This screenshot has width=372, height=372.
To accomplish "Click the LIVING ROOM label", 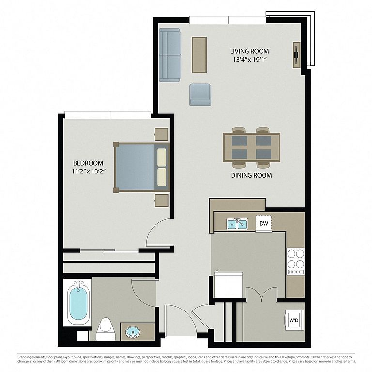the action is [x=249, y=51].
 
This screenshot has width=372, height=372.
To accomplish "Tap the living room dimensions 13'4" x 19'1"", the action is [x=250, y=59].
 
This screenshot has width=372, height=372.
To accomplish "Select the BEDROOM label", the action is [x=88, y=163].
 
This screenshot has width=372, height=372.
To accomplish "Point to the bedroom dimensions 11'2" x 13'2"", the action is [x=89, y=171].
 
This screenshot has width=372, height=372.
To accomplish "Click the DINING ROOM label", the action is [x=251, y=175].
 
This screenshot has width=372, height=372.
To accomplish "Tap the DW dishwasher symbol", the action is [x=263, y=223].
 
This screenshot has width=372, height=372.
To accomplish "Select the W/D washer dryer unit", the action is [x=294, y=320].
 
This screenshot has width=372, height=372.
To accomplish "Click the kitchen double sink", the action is [x=237, y=224].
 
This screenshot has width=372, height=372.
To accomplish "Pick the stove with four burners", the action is [x=295, y=261].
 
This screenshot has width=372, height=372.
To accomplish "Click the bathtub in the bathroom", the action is [x=77, y=303].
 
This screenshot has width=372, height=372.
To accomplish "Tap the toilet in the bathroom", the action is [x=106, y=329].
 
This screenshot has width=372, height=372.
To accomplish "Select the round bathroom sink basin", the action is [x=133, y=332].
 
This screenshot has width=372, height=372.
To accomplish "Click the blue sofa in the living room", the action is [x=170, y=55].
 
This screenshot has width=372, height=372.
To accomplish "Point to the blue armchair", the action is [x=200, y=94].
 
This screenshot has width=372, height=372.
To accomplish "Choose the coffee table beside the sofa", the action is [x=199, y=55].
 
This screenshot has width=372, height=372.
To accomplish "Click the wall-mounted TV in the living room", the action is [x=296, y=55].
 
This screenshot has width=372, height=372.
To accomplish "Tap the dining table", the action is [x=251, y=148].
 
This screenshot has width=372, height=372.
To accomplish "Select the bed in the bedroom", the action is [x=142, y=167].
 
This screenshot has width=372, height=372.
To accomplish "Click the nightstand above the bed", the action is [x=161, y=135].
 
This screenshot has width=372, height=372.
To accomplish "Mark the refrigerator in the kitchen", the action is [x=228, y=285].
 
